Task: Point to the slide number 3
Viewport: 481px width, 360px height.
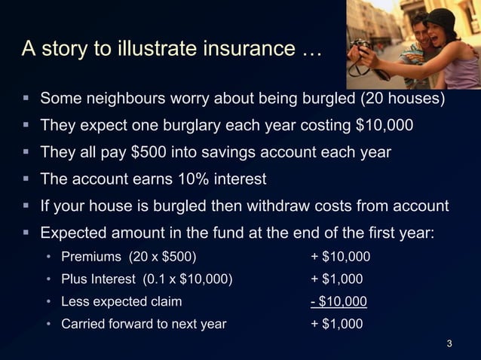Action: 449,345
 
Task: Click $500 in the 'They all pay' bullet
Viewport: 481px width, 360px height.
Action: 149,152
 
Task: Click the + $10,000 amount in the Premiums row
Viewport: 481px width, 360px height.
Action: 340,258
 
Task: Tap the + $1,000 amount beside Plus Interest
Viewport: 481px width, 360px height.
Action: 336,280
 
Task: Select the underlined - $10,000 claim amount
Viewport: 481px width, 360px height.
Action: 339,302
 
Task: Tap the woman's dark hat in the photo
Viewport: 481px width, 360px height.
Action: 442,18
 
